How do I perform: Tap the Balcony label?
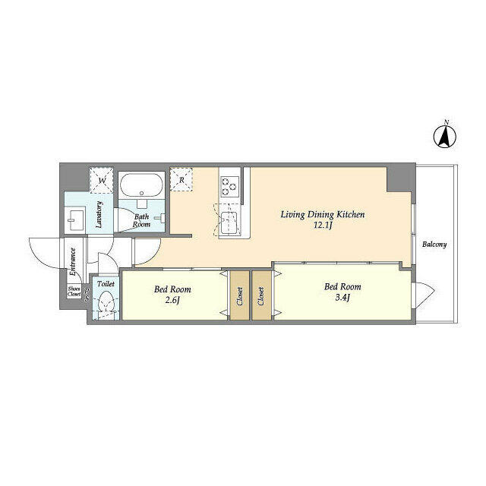[x=434, y=245]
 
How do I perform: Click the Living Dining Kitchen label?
[x=323, y=214]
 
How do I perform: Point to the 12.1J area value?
[x=323, y=226]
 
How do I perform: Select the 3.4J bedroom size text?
[x=342, y=298]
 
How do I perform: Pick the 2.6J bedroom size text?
[x=172, y=301]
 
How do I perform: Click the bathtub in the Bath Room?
[x=141, y=185]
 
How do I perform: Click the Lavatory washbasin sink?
[x=76, y=220]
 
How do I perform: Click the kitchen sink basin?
[x=229, y=222]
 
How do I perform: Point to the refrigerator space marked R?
[x=181, y=179]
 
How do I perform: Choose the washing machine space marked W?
[x=101, y=181]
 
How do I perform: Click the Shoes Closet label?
[x=74, y=292]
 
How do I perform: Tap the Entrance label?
[x=73, y=261]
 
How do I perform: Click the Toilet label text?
[x=106, y=283]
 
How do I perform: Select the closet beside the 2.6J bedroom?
[x=240, y=295]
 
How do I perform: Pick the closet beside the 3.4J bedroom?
[x=261, y=295]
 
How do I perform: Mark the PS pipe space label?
[x=87, y=295]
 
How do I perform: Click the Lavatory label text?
[x=99, y=214]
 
